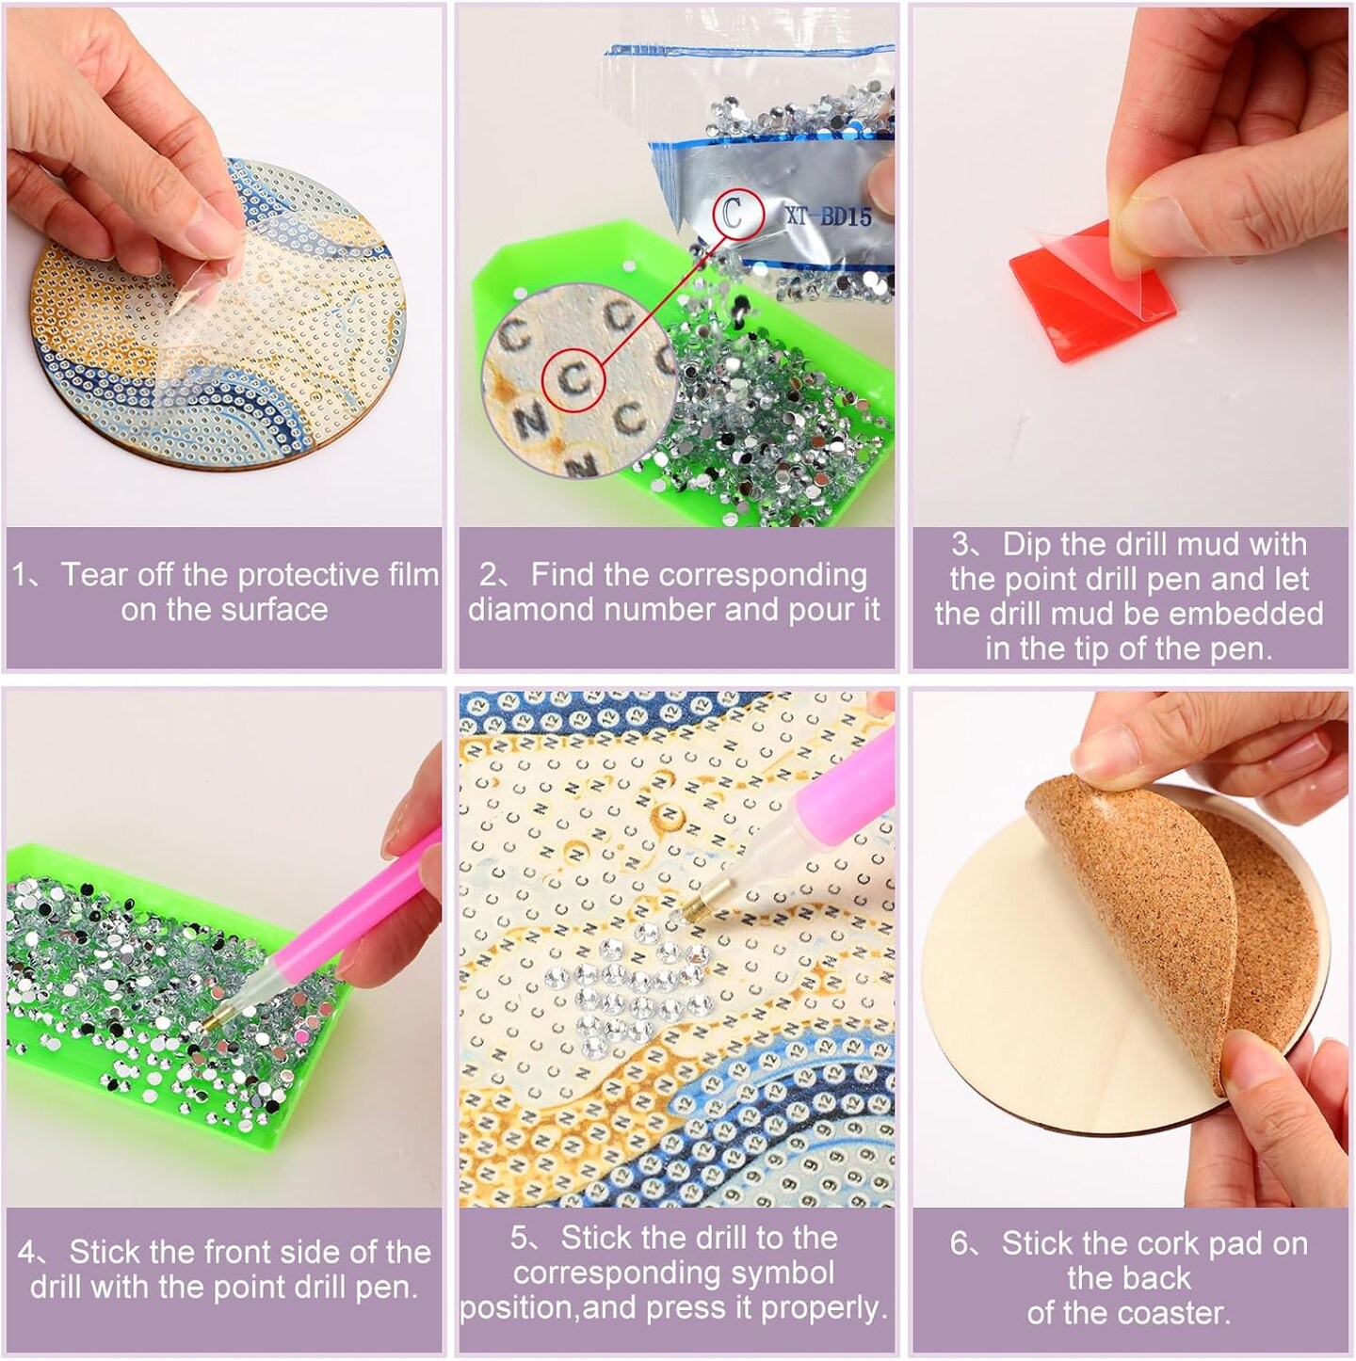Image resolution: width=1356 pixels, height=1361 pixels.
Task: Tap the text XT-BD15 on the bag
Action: [829, 216]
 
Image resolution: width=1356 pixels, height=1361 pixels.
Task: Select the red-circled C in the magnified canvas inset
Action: [573, 380]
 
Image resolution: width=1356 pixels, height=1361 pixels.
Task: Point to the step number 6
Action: [959, 1243]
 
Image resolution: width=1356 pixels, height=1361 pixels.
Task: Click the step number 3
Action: [960, 545]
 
